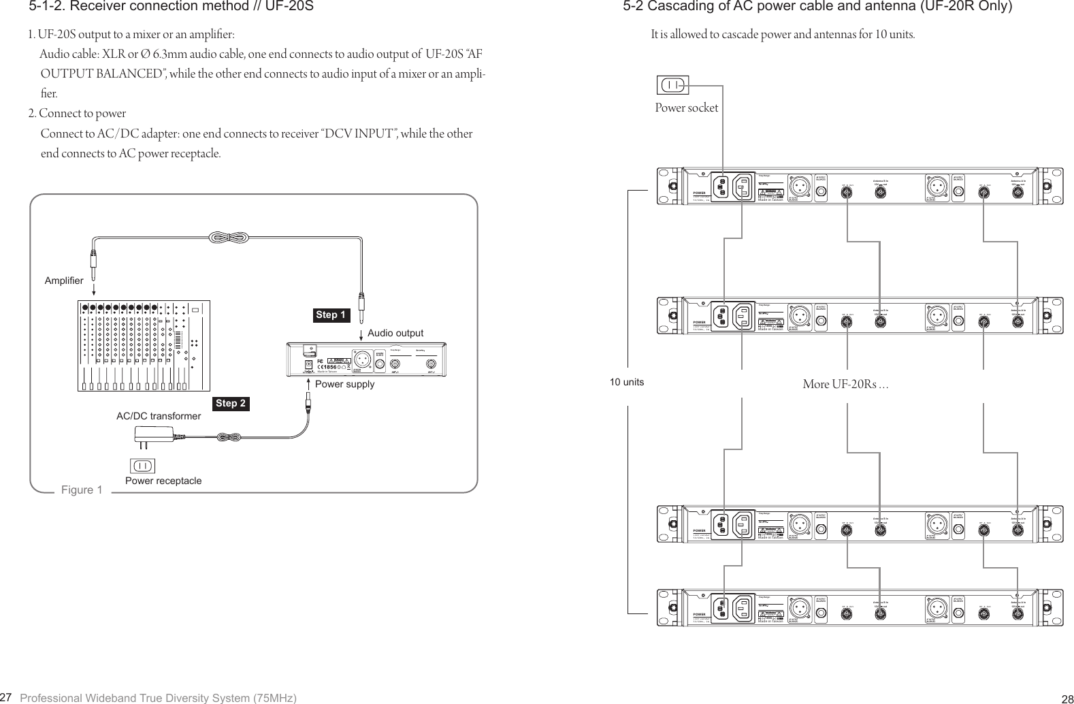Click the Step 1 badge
pyautogui.click(x=331, y=315)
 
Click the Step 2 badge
pyautogui.click(x=231, y=403)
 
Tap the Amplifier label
pyautogui.click(x=64, y=281)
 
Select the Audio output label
pyautogui.click(x=395, y=333)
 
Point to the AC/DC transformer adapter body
pyautogui.click(x=157, y=434)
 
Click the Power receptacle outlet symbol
pyautogui.click(x=142, y=466)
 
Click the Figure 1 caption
pyautogui.click(x=82, y=490)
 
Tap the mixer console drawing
pyautogui.click(x=143, y=345)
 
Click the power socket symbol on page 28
pyautogui.click(x=672, y=85)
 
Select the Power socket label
pyautogui.click(x=686, y=108)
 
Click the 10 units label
pyautogui.click(x=626, y=382)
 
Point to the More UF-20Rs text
pyautogui.click(x=845, y=385)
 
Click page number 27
pyautogui.click(x=6, y=697)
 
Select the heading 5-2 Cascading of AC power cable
pyautogui.click(x=817, y=7)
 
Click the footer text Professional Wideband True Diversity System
pyautogui.click(x=158, y=699)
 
